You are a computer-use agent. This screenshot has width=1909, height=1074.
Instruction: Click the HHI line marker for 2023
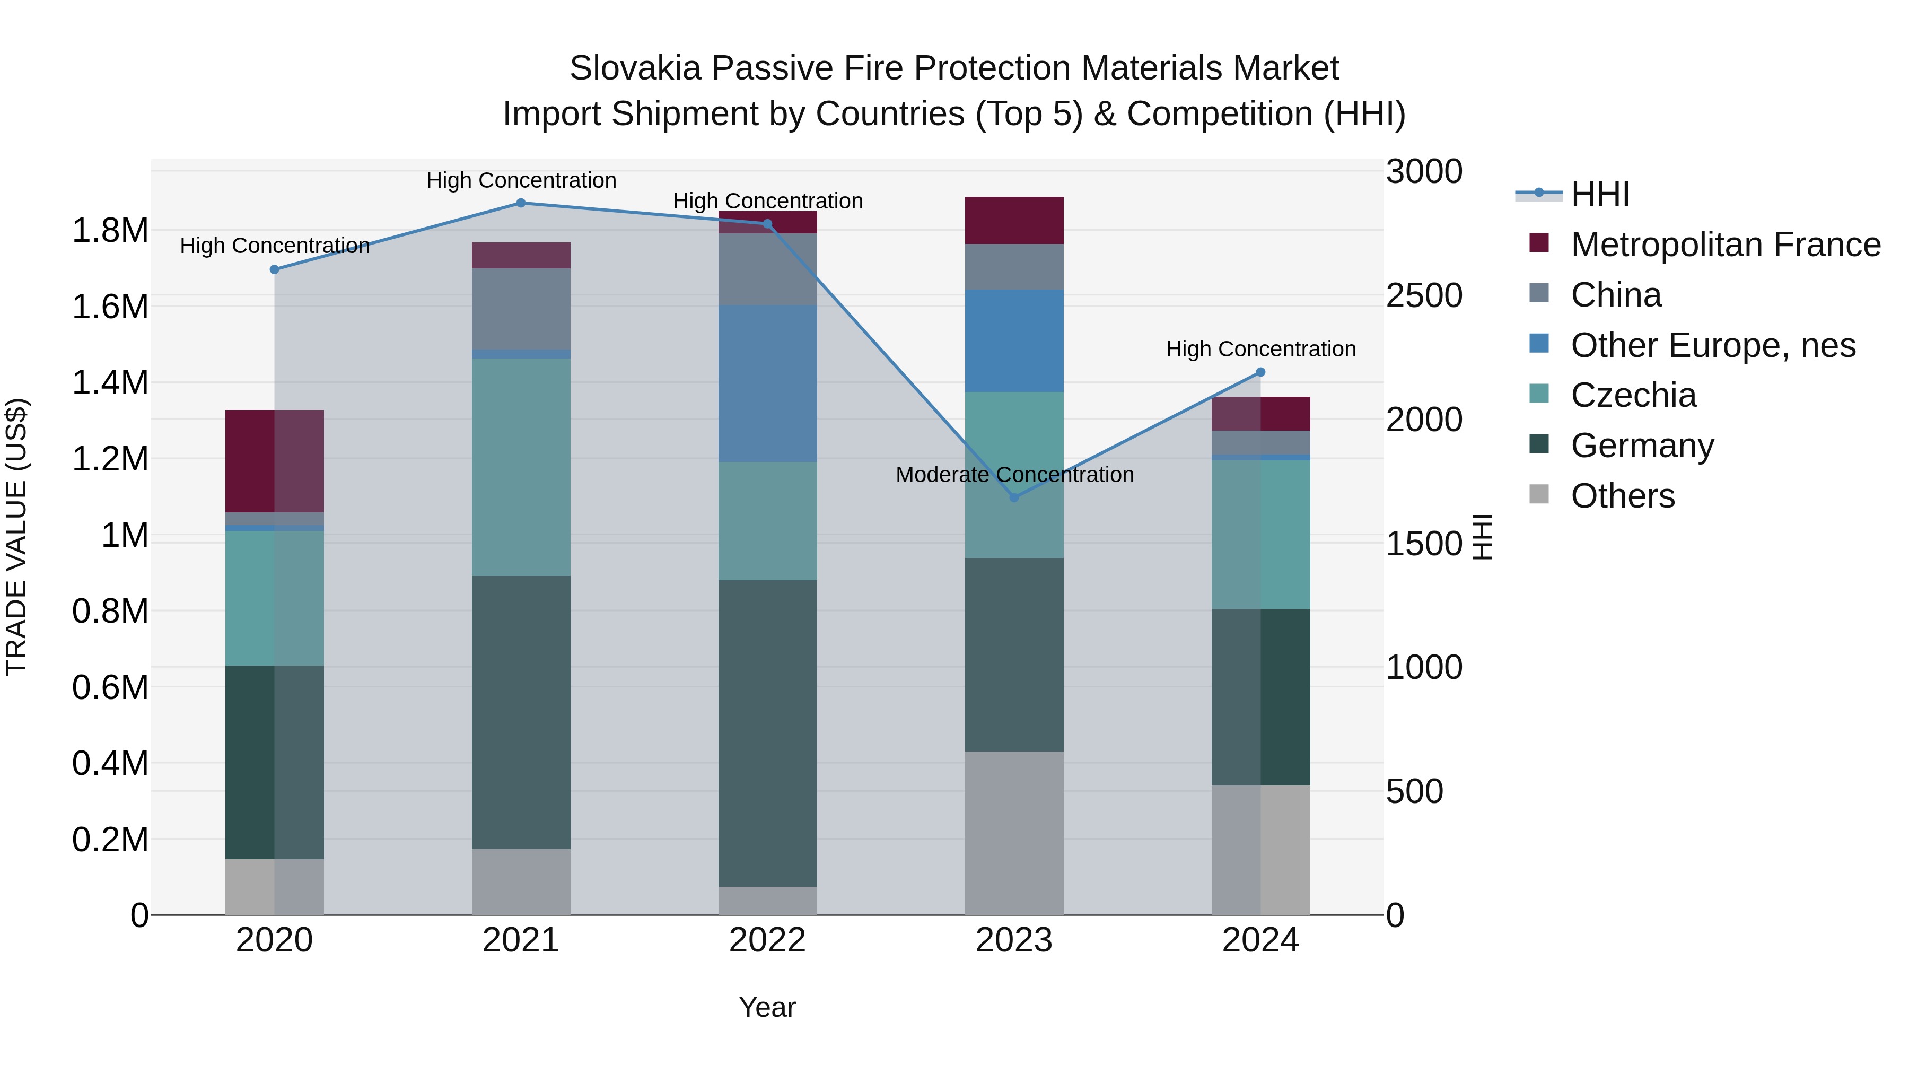pos(1014,497)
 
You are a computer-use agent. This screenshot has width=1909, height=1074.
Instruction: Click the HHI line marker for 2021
pos(520,203)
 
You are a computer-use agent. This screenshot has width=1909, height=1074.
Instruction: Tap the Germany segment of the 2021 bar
pos(520,712)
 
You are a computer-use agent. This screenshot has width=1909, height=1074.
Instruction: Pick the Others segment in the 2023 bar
pos(1014,833)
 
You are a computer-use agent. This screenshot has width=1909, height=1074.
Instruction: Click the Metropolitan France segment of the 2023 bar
pos(1014,220)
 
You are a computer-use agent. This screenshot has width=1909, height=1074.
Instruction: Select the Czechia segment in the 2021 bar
pos(520,467)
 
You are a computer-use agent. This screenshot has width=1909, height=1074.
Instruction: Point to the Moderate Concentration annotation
pos(1014,474)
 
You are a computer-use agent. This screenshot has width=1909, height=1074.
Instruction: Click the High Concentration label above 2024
pos(1260,348)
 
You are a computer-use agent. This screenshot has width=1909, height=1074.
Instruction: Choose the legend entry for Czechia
pos(1633,395)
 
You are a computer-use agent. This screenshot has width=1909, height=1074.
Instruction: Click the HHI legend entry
pos(1599,194)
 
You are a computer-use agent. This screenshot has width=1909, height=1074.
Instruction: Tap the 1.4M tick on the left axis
pos(110,382)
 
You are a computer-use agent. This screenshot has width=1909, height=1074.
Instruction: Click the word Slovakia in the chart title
pos(634,68)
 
